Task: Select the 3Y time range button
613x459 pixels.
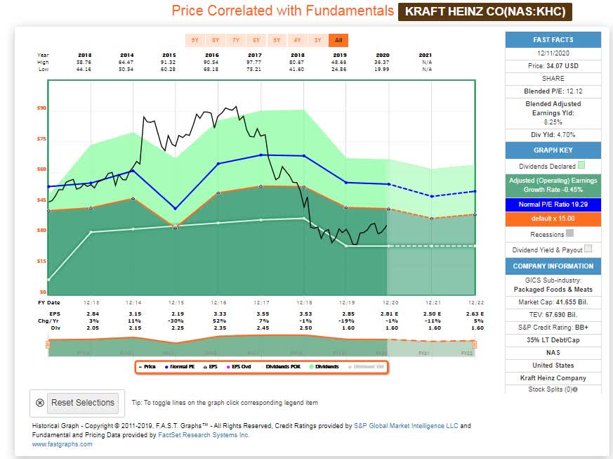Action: [x=318, y=40]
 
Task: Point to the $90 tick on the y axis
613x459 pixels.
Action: [x=41, y=108]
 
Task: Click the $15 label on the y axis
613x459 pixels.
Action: [x=41, y=261]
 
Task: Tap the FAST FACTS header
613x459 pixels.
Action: [x=553, y=40]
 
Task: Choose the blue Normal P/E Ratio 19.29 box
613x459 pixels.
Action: [x=553, y=205]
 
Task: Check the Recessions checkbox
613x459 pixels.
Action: [x=569, y=233]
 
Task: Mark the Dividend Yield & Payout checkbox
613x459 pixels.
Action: [x=588, y=248]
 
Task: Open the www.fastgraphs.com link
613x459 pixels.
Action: [x=62, y=444]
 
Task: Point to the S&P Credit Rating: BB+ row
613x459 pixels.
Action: [x=553, y=327]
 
